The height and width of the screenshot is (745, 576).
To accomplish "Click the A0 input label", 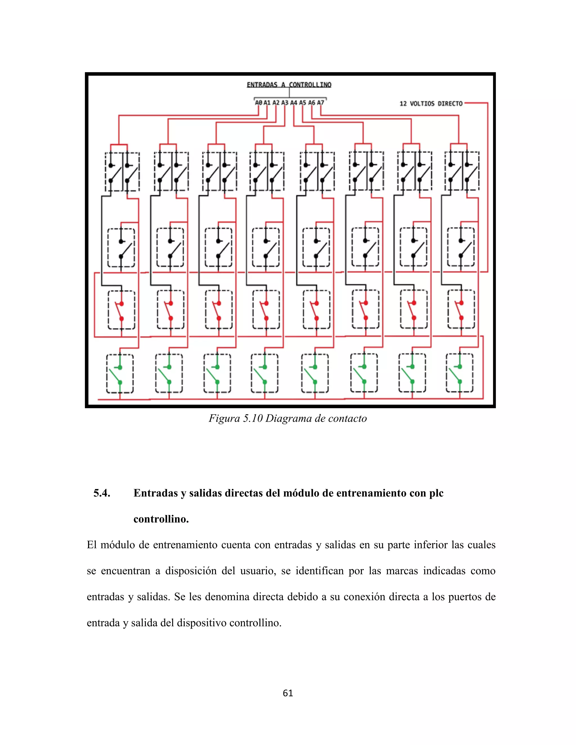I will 259,102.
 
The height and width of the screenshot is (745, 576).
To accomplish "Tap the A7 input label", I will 320,102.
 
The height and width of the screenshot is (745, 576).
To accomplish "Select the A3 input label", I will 285,102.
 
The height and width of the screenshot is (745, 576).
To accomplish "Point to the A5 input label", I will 303,102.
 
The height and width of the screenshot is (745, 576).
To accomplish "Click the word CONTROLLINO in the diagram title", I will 310,85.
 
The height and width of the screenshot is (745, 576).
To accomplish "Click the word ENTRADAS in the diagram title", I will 262,85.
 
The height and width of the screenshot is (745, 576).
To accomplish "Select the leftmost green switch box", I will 120,374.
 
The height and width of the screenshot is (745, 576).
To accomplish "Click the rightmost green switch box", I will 460,373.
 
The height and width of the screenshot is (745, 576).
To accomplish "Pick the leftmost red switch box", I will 121,310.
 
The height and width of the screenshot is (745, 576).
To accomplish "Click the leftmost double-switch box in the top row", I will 122,171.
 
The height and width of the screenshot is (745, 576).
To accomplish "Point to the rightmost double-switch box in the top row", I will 462,171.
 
